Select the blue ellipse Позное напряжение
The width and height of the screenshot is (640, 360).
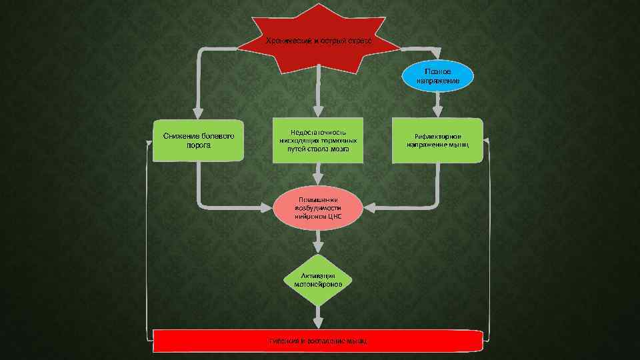(438, 75)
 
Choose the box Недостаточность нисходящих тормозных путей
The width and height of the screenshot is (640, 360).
(319, 140)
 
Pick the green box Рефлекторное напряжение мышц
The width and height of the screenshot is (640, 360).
(437, 140)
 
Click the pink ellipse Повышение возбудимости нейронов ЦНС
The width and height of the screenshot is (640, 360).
(319, 207)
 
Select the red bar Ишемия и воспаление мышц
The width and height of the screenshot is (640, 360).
(319, 341)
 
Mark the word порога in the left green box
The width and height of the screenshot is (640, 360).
(199, 145)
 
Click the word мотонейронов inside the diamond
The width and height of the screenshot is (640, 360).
(319, 284)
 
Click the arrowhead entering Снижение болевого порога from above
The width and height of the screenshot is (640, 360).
(198, 113)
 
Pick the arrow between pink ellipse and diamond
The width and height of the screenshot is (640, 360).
(319, 241)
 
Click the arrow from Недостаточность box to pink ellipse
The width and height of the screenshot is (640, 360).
(319, 175)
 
